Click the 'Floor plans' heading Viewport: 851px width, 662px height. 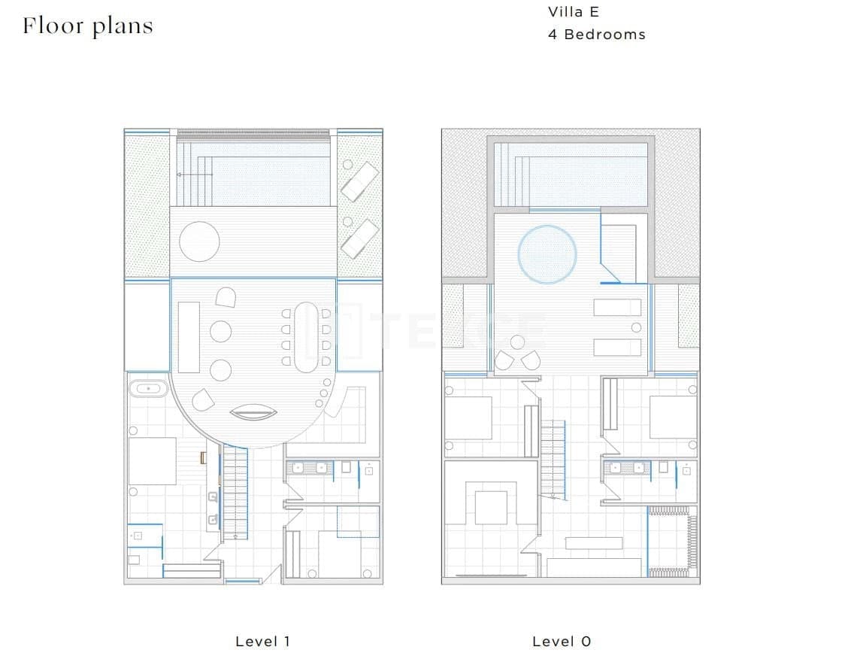pos(88,26)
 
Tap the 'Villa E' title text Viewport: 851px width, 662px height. pos(573,12)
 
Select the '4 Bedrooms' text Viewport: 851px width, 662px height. pos(596,34)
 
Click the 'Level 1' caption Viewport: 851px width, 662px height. pos(262,642)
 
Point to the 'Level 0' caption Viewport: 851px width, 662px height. pos(561,642)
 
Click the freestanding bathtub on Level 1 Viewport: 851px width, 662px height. pos(148,388)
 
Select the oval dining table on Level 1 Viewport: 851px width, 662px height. pos(306,337)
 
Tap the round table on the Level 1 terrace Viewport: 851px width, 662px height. pos(199,241)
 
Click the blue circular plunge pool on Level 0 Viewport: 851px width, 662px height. pos(547,254)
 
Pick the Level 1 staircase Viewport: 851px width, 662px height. pos(235,492)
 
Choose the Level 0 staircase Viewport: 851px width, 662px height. pos(553,460)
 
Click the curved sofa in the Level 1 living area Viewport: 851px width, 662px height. pos(253,412)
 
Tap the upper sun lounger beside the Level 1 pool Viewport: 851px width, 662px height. pos(359,181)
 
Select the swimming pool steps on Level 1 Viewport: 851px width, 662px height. pos(194,175)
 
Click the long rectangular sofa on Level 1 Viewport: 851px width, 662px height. pos(189,337)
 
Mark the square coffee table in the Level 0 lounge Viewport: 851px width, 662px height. pos(491,508)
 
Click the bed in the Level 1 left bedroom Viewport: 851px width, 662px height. pos(152,461)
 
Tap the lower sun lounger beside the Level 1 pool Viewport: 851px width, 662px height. pos(359,239)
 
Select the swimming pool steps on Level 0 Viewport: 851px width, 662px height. pos(512,175)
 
